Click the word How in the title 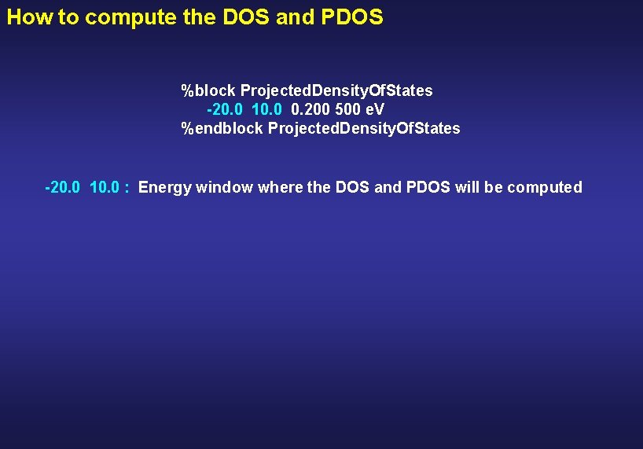[x=29, y=17]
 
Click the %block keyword [x=208, y=90]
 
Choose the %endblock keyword [x=222, y=127]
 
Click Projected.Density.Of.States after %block [x=336, y=90]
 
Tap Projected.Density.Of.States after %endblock [x=364, y=127]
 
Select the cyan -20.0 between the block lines [x=226, y=109]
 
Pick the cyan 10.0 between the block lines [x=267, y=109]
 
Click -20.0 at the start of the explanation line [x=64, y=187]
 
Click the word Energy [x=164, y=188]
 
